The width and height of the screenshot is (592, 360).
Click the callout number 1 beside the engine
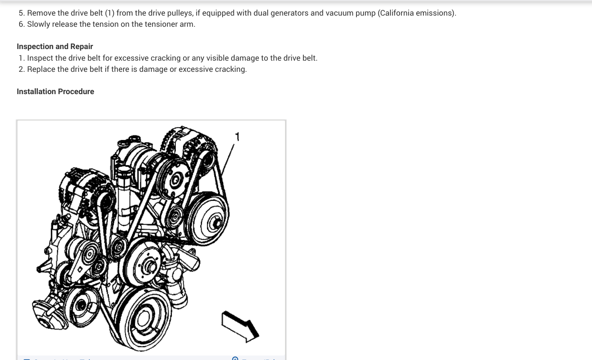click(x=237, y=137)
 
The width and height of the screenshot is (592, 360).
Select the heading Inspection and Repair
click(x=55, y=46)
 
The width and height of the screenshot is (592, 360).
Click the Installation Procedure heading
click(x=55, y=91)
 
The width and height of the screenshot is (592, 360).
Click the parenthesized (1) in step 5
click(x=110, y=13)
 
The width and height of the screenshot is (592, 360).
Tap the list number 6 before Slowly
click(x=21, y=24)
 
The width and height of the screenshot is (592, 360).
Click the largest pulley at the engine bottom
click(x=143, y=319)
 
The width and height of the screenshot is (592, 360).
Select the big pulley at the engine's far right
click(x=208, y=219)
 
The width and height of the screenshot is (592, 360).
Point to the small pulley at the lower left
click(x=81, y=306)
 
